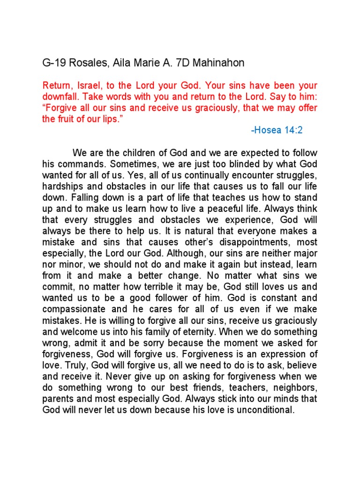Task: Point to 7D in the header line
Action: point(180,63)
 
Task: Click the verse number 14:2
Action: point(293,130)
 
